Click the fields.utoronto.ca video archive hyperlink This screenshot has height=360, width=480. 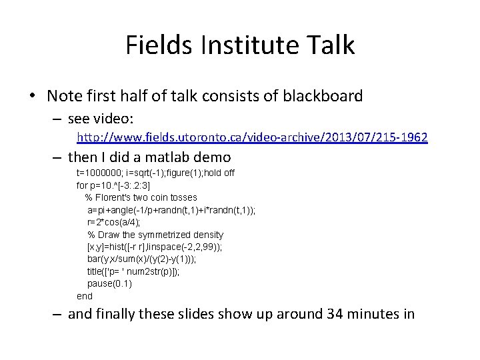pyautogui.click(x=252, y=137)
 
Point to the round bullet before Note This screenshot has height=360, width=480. pyautogui.click(x=33, y=97)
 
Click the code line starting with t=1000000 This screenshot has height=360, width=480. pyautogui.click(x=155, y=173)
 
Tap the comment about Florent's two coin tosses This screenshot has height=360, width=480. pyautogui.click(x=141, y=197)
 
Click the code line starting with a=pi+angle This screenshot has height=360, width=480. pyautogui.click(x=171, y=210)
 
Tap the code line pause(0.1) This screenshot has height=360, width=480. pyautogui.click(x=109, y=283)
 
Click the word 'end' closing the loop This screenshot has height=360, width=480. pyautogui.click(x=85, y=295)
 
